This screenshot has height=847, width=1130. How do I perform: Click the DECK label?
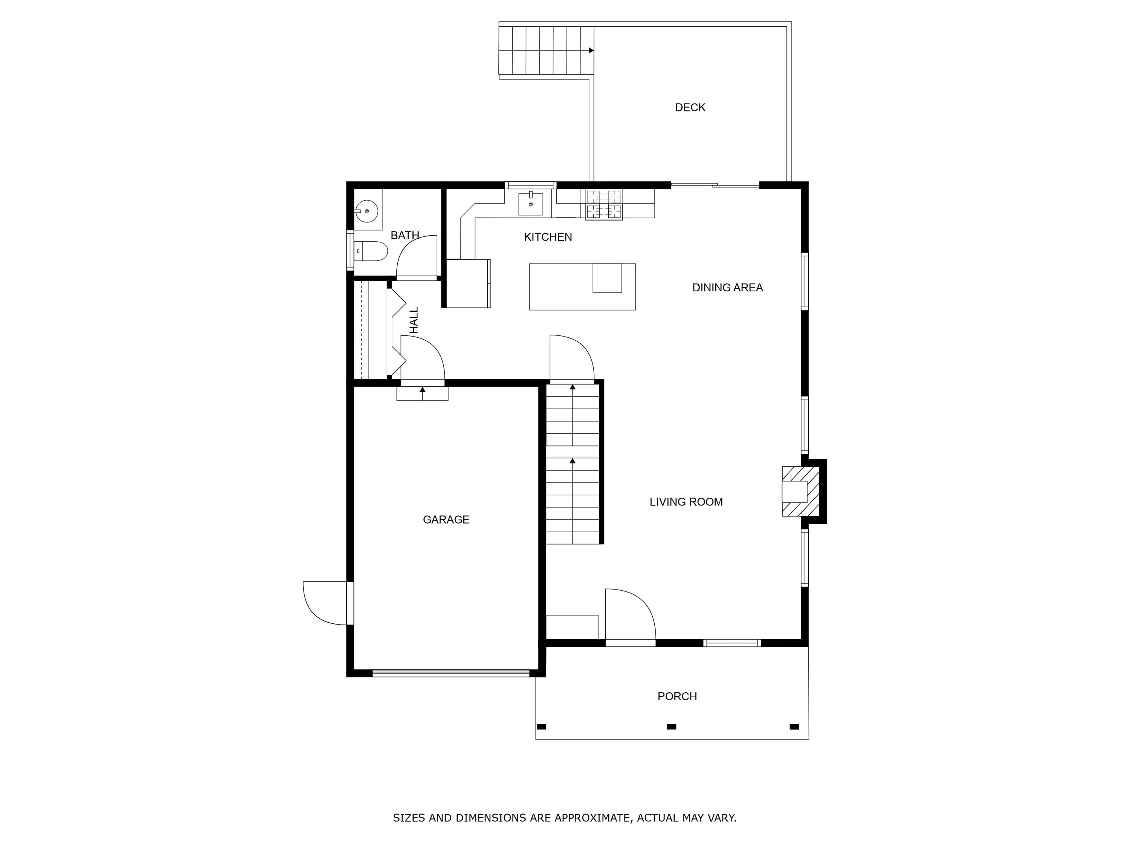click(690, 107)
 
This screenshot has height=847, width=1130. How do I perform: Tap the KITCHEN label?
click(548, 237)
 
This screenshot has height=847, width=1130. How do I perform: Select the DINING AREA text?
click(727, 288)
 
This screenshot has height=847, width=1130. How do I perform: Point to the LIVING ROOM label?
click(686, 502)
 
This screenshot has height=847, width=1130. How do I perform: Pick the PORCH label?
click(677, 696)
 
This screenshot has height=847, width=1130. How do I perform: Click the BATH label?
click(405, 235)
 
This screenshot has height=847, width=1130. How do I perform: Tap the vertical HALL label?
click(414, 320)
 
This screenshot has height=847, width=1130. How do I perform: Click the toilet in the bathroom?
click(371, 251)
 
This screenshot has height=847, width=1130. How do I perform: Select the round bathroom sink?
click(367, 211)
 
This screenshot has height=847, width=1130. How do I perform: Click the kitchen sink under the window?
click(531, 204)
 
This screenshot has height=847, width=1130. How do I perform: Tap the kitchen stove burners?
click(604, 204)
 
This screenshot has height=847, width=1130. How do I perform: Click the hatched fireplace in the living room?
click(800, 491)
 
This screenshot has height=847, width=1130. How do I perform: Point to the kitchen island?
click(582, 287)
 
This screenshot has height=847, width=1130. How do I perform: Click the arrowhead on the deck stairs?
click(591, 50)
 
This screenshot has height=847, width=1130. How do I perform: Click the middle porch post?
click(672, 727)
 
